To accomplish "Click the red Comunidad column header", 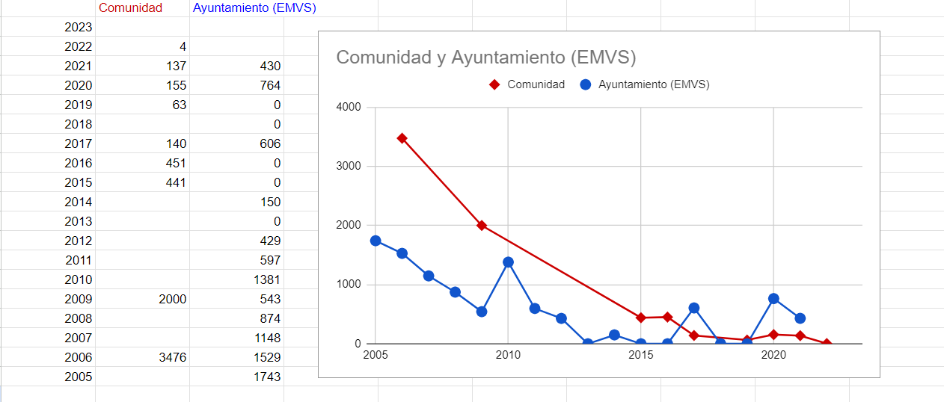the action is pyautogui.click(x=130, y=7).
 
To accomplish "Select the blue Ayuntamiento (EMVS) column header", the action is pyautogui.click(x=254, y=7).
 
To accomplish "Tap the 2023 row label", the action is pyautogui.click(x=78, y=27).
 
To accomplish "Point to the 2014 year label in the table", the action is pyautogui.click(x=78, y=202).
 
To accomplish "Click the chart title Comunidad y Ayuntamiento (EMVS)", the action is pyautogui.click(x=486, y=58).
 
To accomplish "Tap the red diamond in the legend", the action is pyautogui.click(x=494, y=84).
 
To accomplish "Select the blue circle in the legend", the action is pyautogui.click(x=586, y=84).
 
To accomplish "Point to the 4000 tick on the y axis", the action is pyautogui.click(x=349, y=107).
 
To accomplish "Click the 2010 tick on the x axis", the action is pyautogui.click(x=508, y=355).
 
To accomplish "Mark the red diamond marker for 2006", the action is pyautogui.click(x=402, y=138).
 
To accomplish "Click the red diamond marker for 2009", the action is pyautogui.click(x=482, y=226).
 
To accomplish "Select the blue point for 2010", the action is pyautogui.click(x=508, y=262).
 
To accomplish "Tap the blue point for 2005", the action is pyautogui.click(x=376, y=241).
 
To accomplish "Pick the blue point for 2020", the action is pyautogui.click(x=773, y=298).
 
